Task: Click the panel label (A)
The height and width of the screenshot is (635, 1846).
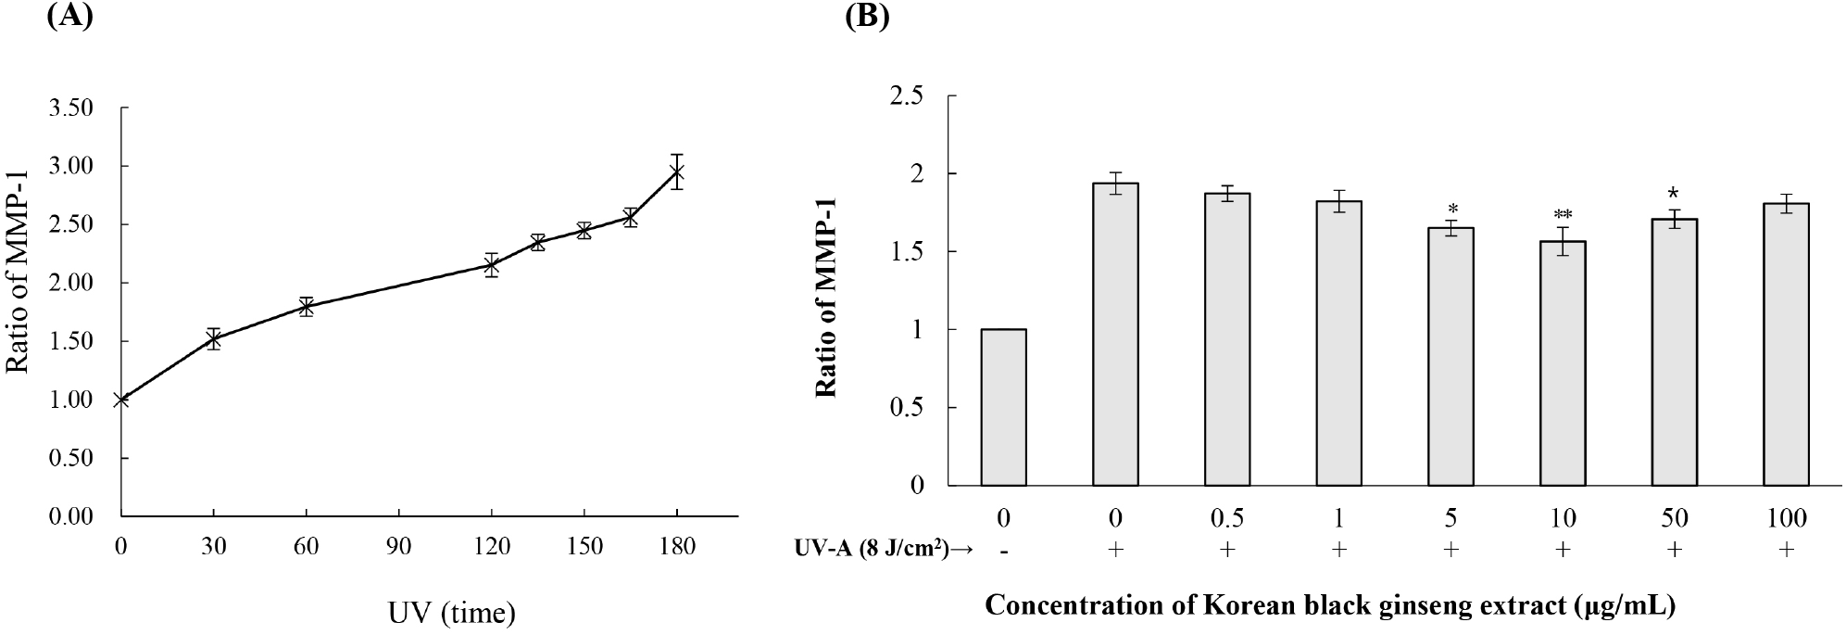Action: (69, 17)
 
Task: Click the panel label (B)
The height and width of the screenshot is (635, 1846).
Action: (868, 17)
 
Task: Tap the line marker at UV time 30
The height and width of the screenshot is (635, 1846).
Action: (214, 339)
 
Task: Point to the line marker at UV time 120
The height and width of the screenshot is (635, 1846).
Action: (492, 265)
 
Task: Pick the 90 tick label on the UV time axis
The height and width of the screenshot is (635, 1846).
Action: (399, 546)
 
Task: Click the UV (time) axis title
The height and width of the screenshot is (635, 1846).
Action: (452, 612)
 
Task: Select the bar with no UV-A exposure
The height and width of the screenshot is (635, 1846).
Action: (1003, 407)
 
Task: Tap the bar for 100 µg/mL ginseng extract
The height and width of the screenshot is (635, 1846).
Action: (1786, 344)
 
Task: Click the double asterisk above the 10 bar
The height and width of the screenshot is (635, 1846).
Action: (1563, 215)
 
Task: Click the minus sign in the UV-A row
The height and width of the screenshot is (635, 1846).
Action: (1003, 550)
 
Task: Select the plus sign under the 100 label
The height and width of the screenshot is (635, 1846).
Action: (1786, 550)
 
